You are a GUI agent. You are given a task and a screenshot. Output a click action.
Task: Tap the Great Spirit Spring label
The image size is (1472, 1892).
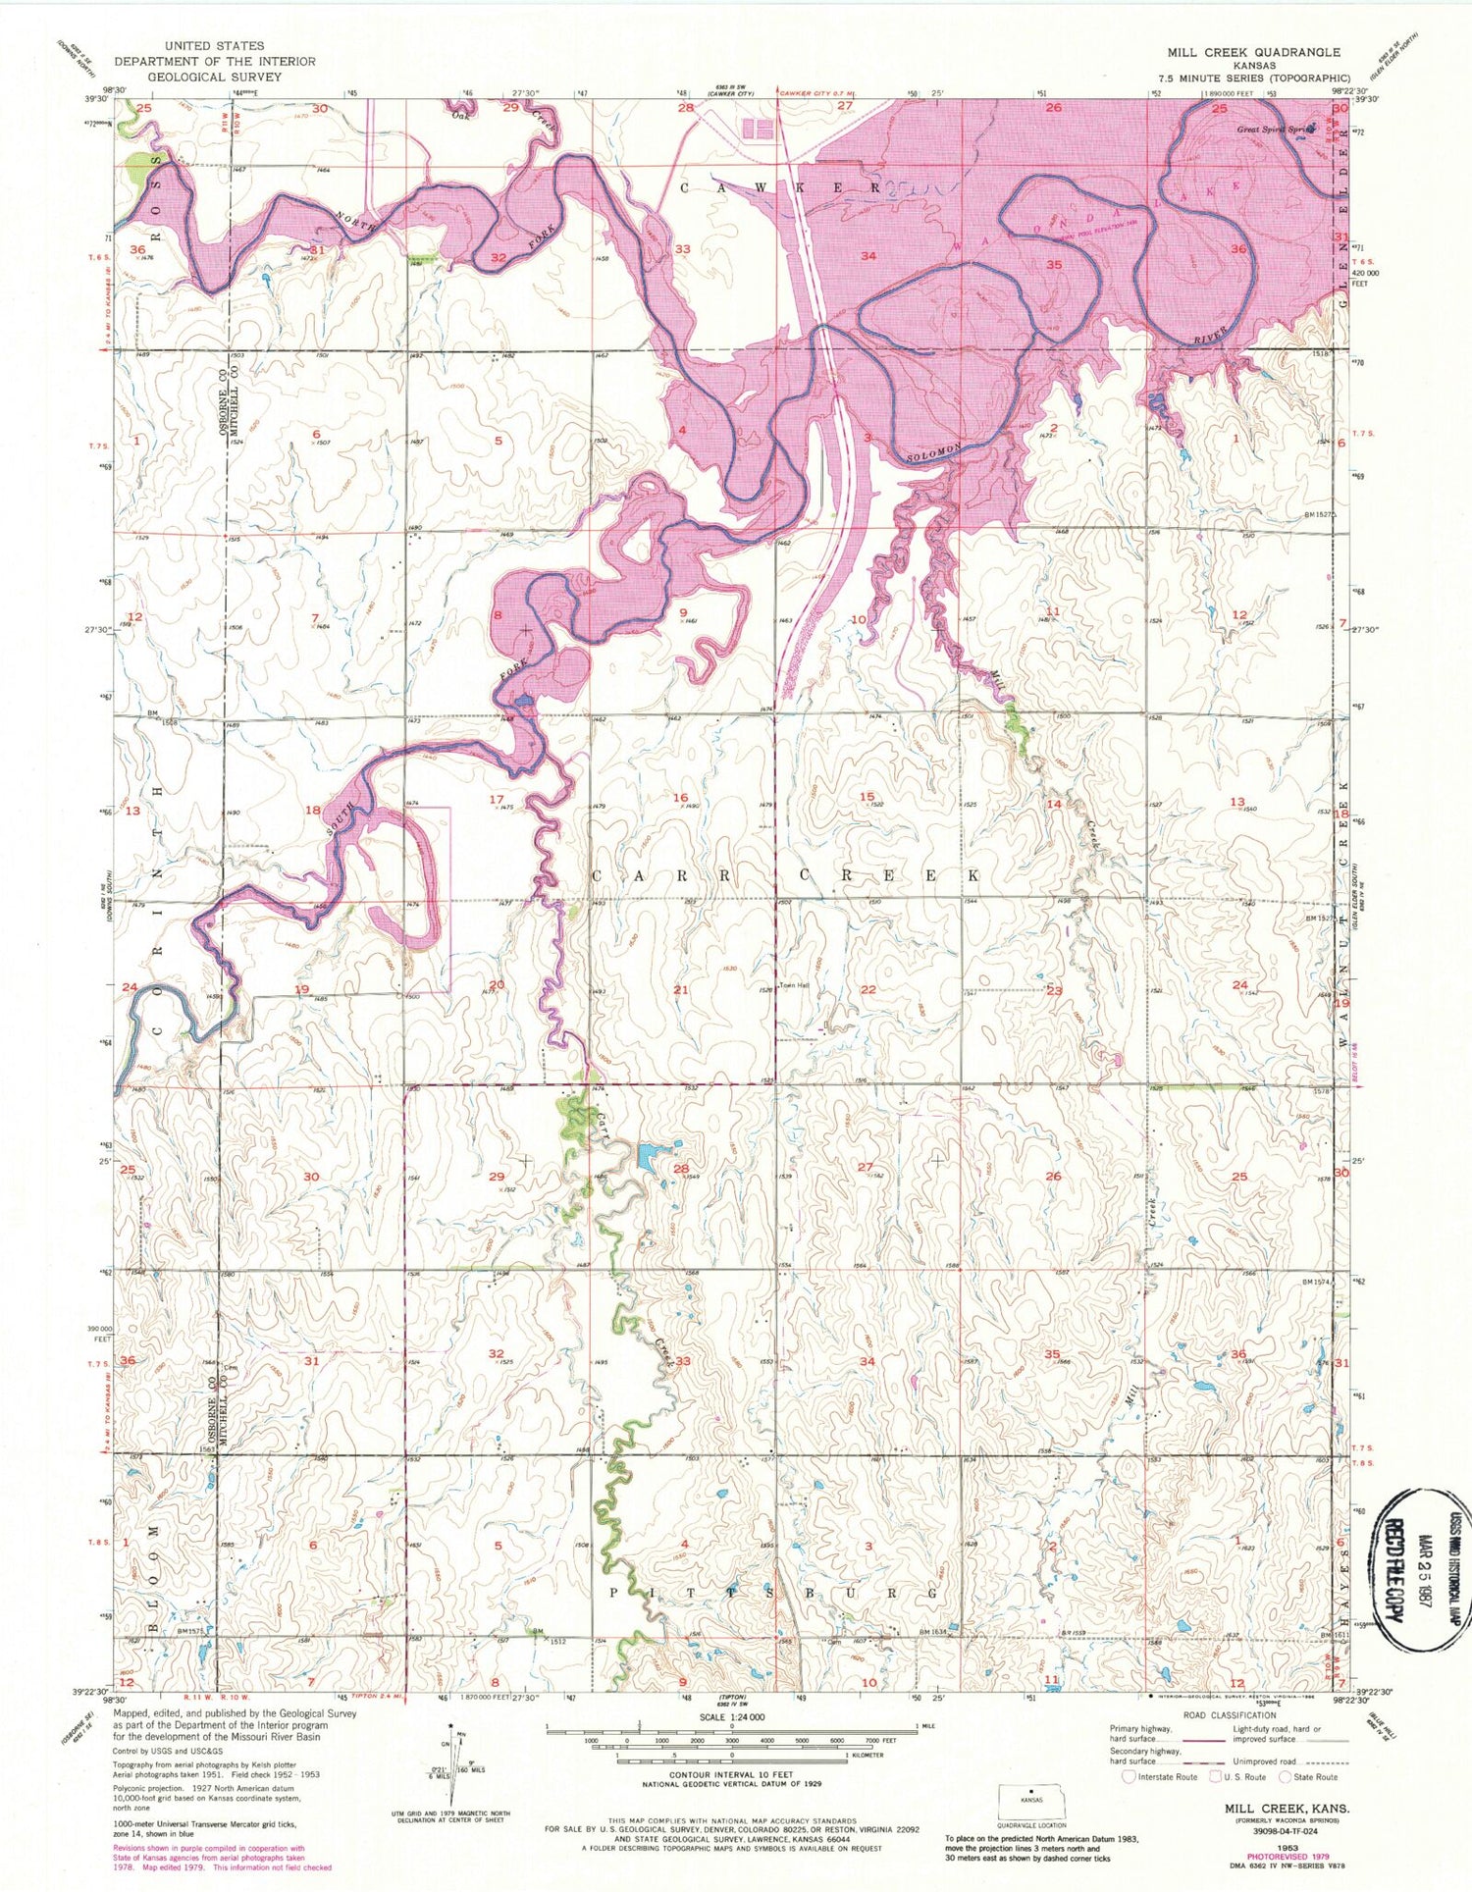click(1274, 129)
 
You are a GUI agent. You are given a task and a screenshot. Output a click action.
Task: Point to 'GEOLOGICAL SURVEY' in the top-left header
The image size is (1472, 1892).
click(214, 76)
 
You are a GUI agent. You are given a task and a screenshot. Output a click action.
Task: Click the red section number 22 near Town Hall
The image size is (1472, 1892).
click(867, 989)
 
